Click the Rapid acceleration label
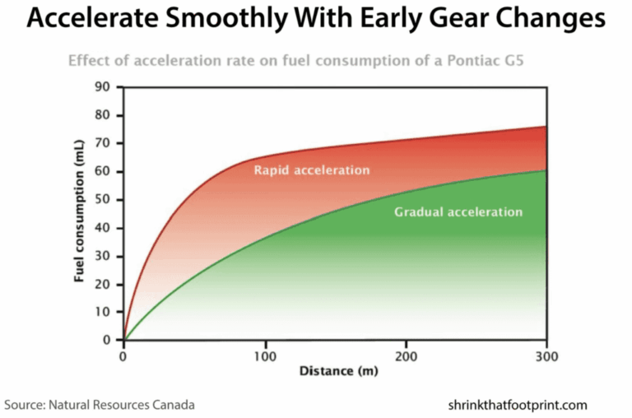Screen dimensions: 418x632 312,170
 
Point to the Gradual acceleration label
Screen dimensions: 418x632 458,211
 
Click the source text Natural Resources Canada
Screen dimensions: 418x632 123,405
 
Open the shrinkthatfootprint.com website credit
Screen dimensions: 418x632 518,405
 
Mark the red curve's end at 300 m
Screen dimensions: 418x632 546,127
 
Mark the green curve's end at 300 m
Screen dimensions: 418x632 546,171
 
